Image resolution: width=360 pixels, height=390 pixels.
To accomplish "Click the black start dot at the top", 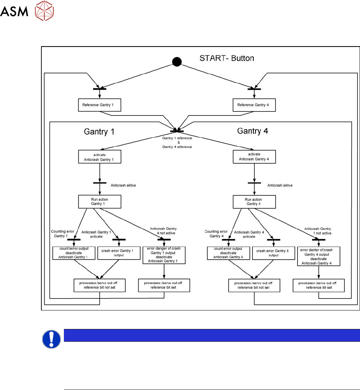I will coord(176,62).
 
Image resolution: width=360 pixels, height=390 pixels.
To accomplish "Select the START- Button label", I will coord(227,58).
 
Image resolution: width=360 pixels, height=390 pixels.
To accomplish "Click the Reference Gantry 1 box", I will coord(99,105).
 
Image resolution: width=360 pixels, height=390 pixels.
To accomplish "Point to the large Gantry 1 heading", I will coord(97,131).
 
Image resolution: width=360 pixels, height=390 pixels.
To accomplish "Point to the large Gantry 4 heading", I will coord(253,131).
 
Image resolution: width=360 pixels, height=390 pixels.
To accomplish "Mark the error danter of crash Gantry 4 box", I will coord(319,256).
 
